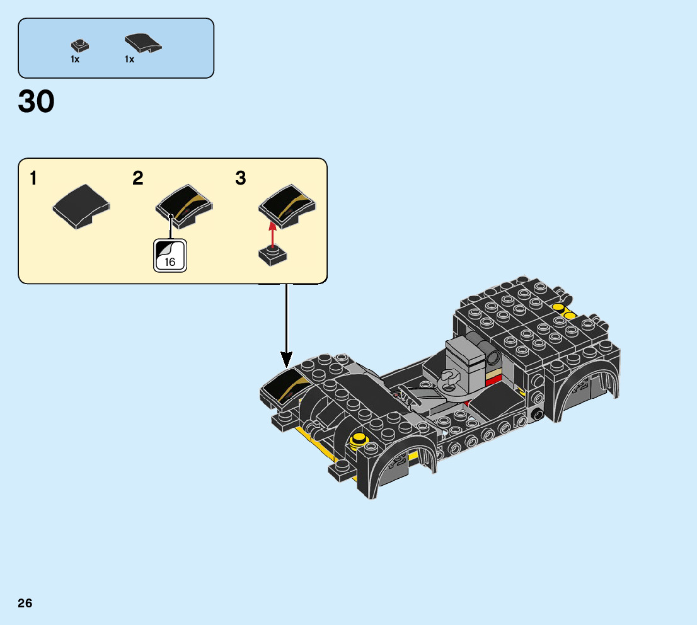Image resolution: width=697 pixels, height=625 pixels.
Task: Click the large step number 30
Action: (36, 101)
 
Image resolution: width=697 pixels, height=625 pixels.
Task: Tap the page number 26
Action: (25, 603)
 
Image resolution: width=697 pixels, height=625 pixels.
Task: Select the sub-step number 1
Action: (33, 178)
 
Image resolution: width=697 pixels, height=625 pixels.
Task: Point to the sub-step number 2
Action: (138, 178)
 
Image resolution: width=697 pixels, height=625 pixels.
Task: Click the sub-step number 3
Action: (241, 178)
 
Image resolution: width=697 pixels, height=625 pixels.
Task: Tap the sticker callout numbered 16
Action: (170, 255)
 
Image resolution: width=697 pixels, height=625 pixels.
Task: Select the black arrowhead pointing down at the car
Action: (286, 358)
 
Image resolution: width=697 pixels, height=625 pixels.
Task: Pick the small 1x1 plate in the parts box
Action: (80, 46)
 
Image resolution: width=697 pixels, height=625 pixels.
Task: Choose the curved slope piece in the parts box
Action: (143, 43)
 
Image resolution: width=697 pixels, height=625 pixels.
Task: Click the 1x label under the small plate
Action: (75, 59)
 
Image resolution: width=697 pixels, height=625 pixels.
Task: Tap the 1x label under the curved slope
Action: (129, 59)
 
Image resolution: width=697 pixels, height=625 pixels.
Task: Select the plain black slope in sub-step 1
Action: (81, 207)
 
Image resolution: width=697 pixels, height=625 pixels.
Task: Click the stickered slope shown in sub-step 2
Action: (184, 206)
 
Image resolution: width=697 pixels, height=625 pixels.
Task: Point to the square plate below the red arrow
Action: (272, 256)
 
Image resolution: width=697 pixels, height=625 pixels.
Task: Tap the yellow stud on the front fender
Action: (359, 440)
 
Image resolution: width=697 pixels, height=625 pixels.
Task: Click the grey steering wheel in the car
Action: (449, 382)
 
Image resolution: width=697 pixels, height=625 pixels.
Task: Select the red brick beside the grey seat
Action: (493, 381)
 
